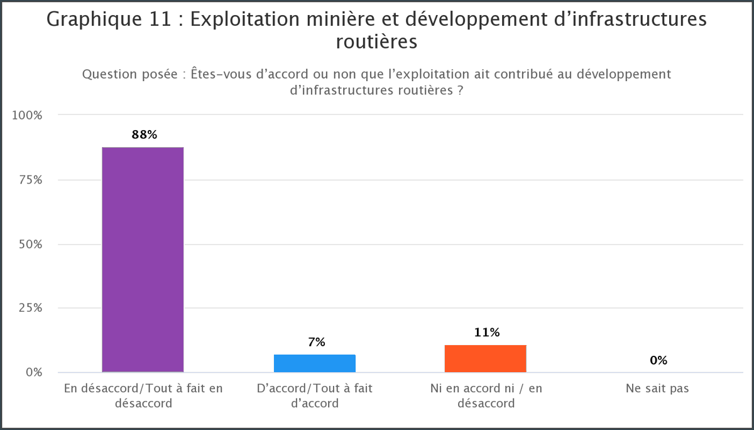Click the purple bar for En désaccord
(x=143, y=259)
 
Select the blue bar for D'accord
(x=314, y=363)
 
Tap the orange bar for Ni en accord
(x=485, y=358)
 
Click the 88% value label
(x=144, y=135)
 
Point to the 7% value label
(x=316, y=342)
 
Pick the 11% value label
(x=487, y=333)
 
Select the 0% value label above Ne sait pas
(x=658, y=360)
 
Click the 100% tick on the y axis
(x=30, y=116)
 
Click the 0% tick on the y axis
(x=35, y=372)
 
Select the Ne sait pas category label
(x=657, y=389)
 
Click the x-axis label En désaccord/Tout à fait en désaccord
(x=143, y=395)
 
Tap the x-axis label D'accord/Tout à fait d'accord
(x=315, y=395)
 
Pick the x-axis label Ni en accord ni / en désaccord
(x=486, y=395)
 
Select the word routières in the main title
(x=377, y=42)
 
